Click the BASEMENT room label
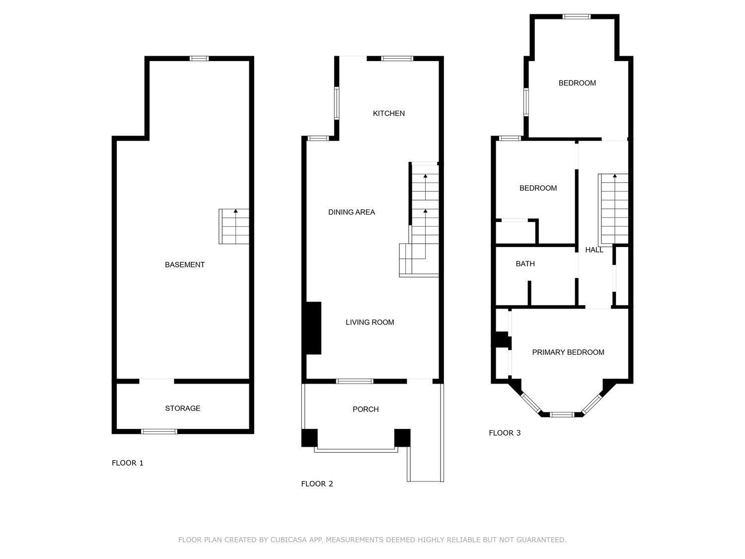coord(185,265)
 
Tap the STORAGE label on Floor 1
coord(183,408)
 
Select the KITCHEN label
coord(388,113)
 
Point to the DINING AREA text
coord(351,212)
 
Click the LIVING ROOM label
coord(370,322)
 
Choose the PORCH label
coord(366,409)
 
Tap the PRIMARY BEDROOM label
coord(568,352)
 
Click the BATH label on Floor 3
coord(525,264)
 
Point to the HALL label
coord(594,250)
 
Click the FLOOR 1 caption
coord(128,463)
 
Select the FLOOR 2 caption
coord(317,484)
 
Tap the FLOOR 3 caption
coord(505,433)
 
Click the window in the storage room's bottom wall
coord(159,432)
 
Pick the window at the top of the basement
coord(199,58)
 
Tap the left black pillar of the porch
coord(309,438)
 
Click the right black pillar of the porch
coord(402,438)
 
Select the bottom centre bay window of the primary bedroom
coord(562,414)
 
